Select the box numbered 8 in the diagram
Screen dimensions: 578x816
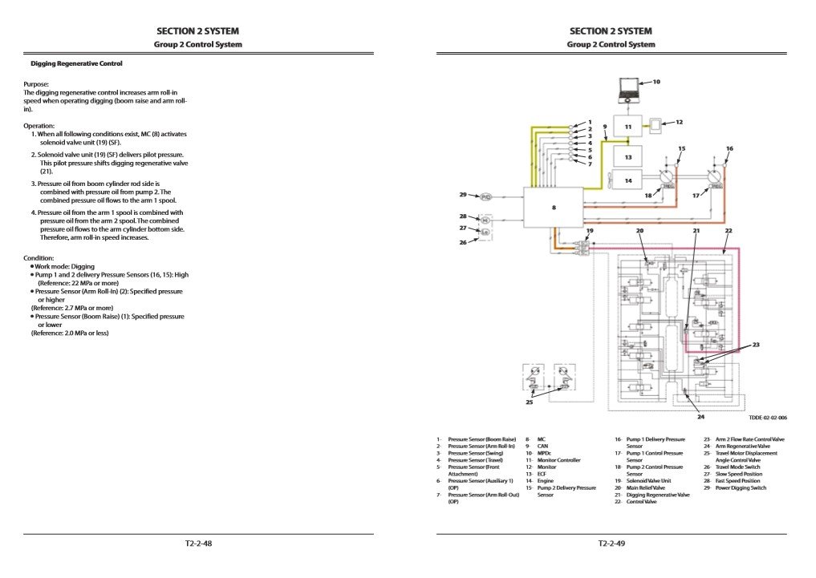pyautogui.click(x=553, y=207)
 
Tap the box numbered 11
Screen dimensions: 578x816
pyautogui.click(x=628, y=126)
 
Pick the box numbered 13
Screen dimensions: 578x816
pyautogui.click(x=628, y=156)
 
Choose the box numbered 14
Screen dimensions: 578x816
pyautogui.click(x=628, y=181)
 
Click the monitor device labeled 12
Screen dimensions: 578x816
pyautogui.click(x=658, y=125)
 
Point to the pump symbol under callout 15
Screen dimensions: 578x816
pyautogui.click(x=666, y=178)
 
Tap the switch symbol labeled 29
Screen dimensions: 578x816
pyautogui.click(x=486, y=196)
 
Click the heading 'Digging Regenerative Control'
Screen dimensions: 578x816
pyautogui.click(x=76, y=63)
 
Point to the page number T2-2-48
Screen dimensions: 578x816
pyautogui.click(x=198, y=544)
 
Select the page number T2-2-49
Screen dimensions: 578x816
pyautogui.click(x=611, y=544)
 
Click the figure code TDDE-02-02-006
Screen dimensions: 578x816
pyautogui.click(x=768, y=418)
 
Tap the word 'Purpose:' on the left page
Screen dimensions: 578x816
pyautogui.click(x=36, y=83)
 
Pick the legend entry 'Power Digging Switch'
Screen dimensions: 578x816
pyautogui.click(x=741, y=487)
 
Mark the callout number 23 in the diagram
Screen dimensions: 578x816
pyautogui.click(x=755, y=345)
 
